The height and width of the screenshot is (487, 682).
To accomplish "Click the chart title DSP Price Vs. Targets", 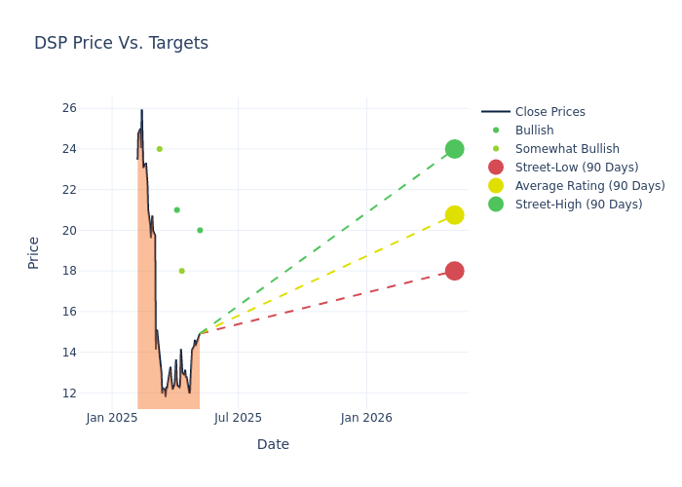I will pos(121,43).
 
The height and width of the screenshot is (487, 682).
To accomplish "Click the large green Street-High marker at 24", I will pos(454,149).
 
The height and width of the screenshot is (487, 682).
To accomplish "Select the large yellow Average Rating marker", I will pos(454,214).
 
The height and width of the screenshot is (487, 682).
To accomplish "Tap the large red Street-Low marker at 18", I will pos(454,271).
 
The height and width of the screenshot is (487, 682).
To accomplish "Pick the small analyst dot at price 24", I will pos(160,149).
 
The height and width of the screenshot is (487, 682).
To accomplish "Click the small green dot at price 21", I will pos(176,209).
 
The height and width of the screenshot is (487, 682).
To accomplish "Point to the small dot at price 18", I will pos(181,271).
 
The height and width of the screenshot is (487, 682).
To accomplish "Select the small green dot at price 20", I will pos(200,230).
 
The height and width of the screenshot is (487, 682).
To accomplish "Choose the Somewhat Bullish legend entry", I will pos(567,149).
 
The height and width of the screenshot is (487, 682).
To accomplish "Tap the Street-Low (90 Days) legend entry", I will pos(577,168).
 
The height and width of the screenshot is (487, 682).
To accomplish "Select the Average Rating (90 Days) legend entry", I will pos(589,186).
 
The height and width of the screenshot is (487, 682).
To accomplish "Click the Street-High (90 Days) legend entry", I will pos(579,205).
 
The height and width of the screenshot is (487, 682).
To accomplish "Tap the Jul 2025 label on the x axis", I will pos(239,418).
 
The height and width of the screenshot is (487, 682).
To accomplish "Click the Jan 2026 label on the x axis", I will pos(366,418).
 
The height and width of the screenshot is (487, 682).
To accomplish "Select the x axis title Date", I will pos(273,444).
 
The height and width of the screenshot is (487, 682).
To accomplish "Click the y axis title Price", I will pos(34,252).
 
